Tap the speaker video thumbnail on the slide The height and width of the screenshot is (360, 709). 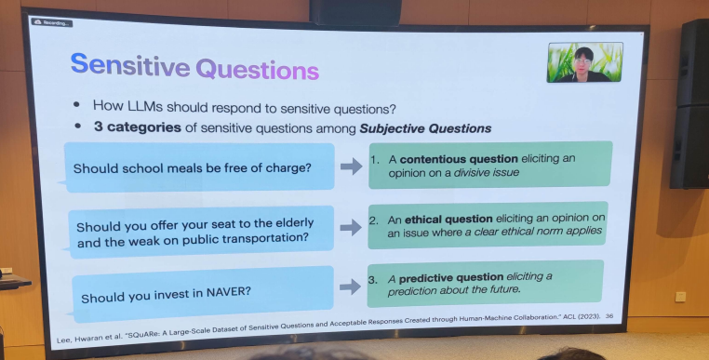(x=584, y=63)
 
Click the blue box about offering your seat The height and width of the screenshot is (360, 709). (x=200, y=232)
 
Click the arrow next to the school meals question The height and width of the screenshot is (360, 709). (x=351, y=167)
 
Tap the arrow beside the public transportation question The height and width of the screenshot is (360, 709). (x=351, y=228)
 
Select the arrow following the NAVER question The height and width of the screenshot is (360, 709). (x=351, y=287)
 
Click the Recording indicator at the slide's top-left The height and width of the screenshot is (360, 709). (x=51, y=21)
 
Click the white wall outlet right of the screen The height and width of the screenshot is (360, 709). (x=681, y=296)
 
